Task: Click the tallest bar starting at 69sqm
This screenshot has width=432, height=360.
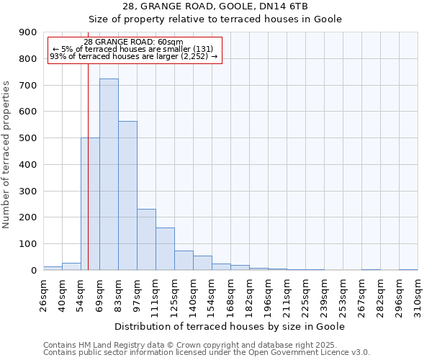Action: (109, 174)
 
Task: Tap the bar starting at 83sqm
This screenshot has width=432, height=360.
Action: (127, 195)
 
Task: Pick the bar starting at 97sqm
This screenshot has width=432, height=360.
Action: (146, 239)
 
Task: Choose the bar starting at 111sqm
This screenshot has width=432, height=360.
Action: (165, 248)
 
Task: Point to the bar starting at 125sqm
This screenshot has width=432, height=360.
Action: (184, 260)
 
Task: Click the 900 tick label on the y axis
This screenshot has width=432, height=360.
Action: (28, 32)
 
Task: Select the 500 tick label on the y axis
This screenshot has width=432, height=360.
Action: (28, 138)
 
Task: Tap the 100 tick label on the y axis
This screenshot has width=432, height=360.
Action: (28, 244)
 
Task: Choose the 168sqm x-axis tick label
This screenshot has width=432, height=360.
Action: (230, 296)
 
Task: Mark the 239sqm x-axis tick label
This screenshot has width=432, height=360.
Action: (324, 296)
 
